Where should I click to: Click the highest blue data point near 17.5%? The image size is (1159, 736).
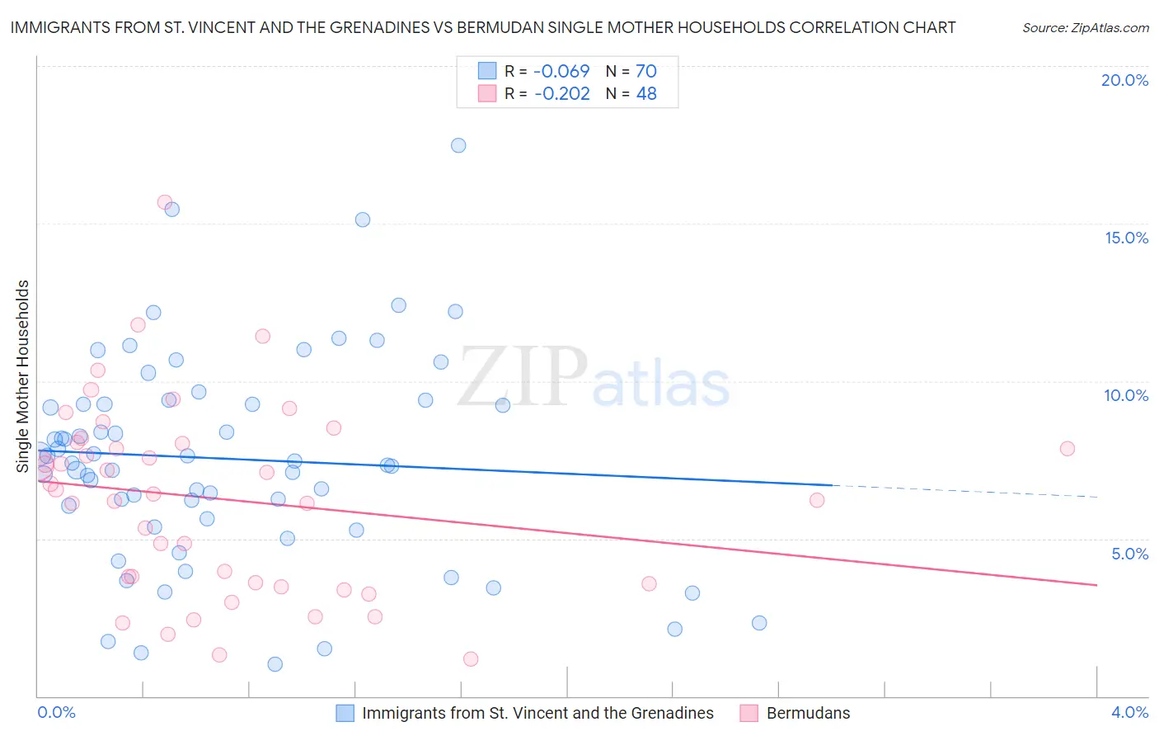[458, 145]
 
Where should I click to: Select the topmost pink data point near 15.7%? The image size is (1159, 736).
[165, 202]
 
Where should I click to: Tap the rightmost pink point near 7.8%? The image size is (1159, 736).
[1067, 449]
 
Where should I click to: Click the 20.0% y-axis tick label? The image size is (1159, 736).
[1124, 80]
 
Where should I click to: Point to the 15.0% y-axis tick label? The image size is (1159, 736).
[1126, 238]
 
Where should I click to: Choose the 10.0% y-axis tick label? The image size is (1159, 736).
[1126, 395]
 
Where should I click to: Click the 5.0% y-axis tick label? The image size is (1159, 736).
[1129, 554]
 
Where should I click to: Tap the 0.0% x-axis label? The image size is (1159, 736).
[57, 713]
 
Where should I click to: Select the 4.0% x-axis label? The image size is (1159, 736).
[1129, 713]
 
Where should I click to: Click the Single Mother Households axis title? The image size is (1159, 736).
[23, 376]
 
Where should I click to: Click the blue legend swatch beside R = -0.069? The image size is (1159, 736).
[487, 71]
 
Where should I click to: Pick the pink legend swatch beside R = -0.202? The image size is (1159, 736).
[487, 94]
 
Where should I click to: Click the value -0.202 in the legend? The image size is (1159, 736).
[562, 94]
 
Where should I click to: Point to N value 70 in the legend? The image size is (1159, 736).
[646, 71]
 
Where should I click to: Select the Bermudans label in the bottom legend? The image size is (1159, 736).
[808, 713]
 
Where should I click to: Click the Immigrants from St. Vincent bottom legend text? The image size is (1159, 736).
[537, 713]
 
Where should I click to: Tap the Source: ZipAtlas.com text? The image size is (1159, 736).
[1086, 28]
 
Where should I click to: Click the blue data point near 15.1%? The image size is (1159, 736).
[363, 219]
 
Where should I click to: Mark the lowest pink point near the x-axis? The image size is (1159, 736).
[471, 658]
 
